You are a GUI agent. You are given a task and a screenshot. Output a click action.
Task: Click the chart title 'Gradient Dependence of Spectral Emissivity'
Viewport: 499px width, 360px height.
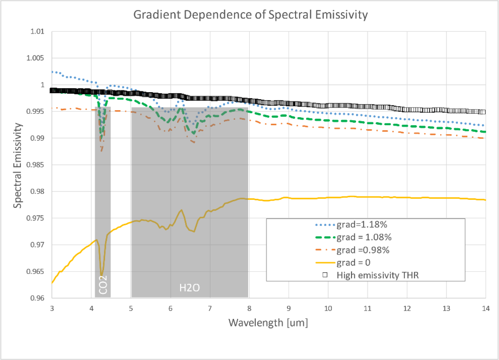pos(250,15)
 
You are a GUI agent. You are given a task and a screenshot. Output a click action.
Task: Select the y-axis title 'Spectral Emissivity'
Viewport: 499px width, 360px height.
pos(18,165)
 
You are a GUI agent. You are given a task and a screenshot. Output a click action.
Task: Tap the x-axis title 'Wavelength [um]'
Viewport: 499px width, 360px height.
pos(268,323)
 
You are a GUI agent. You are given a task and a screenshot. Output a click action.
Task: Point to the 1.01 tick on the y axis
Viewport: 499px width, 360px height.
pos(37,32)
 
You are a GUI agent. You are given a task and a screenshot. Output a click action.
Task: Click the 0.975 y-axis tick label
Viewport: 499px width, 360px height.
pos(35,218)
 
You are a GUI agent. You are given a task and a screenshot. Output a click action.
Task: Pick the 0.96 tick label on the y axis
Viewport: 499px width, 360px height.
pos(37,298)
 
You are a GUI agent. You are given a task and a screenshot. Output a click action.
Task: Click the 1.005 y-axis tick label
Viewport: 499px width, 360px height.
pos(35,58)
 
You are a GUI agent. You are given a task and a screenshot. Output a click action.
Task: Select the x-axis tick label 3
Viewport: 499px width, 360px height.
pos(52,309)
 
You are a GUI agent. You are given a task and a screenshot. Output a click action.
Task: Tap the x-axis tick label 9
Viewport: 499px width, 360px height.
pos(288,309)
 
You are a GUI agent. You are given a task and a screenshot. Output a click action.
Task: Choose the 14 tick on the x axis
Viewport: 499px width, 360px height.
pos(485,309)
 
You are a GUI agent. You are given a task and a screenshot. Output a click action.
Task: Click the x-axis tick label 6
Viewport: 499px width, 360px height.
pos(170,309)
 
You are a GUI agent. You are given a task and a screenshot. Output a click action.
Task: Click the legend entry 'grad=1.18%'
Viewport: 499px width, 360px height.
pos(362,225)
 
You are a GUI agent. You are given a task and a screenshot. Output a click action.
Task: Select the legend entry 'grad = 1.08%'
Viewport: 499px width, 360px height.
pos(364,237)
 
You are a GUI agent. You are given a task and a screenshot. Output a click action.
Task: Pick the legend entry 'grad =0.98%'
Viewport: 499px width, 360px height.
pos(363,250)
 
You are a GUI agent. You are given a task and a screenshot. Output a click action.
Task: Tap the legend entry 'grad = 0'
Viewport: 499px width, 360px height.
pos(353,263)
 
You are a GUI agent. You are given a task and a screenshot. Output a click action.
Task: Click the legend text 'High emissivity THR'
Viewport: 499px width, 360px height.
pos(377,275)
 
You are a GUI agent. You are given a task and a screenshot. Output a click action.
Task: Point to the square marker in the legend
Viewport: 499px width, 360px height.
pos(325,275)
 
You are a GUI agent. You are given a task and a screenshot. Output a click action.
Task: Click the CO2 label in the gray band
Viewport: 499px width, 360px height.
pos(103,284)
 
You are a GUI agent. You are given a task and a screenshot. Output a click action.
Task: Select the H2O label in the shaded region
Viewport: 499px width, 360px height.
pos(189,288)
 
